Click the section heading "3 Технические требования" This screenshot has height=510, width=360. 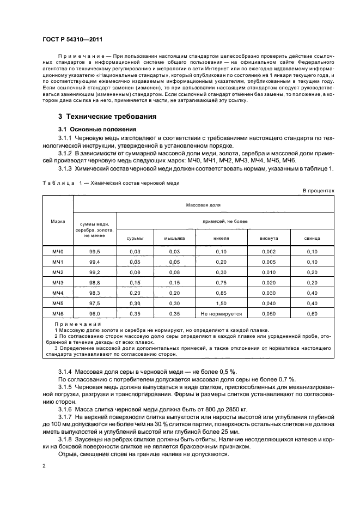108,117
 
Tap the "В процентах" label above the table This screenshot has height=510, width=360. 318,190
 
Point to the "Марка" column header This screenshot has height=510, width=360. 58,221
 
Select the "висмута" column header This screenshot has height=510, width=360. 277,239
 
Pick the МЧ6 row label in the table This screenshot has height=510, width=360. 58,313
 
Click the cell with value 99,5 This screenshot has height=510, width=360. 95,251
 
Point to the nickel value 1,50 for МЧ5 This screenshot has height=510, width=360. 221,303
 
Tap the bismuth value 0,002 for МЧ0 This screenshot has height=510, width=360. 277,251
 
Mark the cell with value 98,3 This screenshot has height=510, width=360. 95,293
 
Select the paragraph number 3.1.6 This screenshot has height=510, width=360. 67,409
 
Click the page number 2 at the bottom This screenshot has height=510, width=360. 45,466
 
